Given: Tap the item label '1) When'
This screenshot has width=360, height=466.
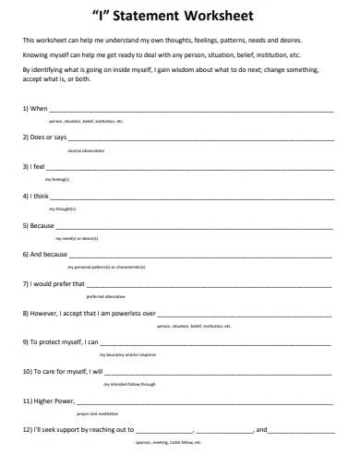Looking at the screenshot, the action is click(35, 108).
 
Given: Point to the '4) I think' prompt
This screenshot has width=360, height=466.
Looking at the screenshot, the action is click(36, 196).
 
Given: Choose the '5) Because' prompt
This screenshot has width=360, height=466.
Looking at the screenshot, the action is click(39, 224).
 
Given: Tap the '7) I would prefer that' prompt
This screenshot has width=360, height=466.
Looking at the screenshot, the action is click(54, 283).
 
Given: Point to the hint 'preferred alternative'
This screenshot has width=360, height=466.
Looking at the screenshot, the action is click(103, 296).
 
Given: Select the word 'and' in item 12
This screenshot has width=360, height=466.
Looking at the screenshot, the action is click(261, 429).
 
